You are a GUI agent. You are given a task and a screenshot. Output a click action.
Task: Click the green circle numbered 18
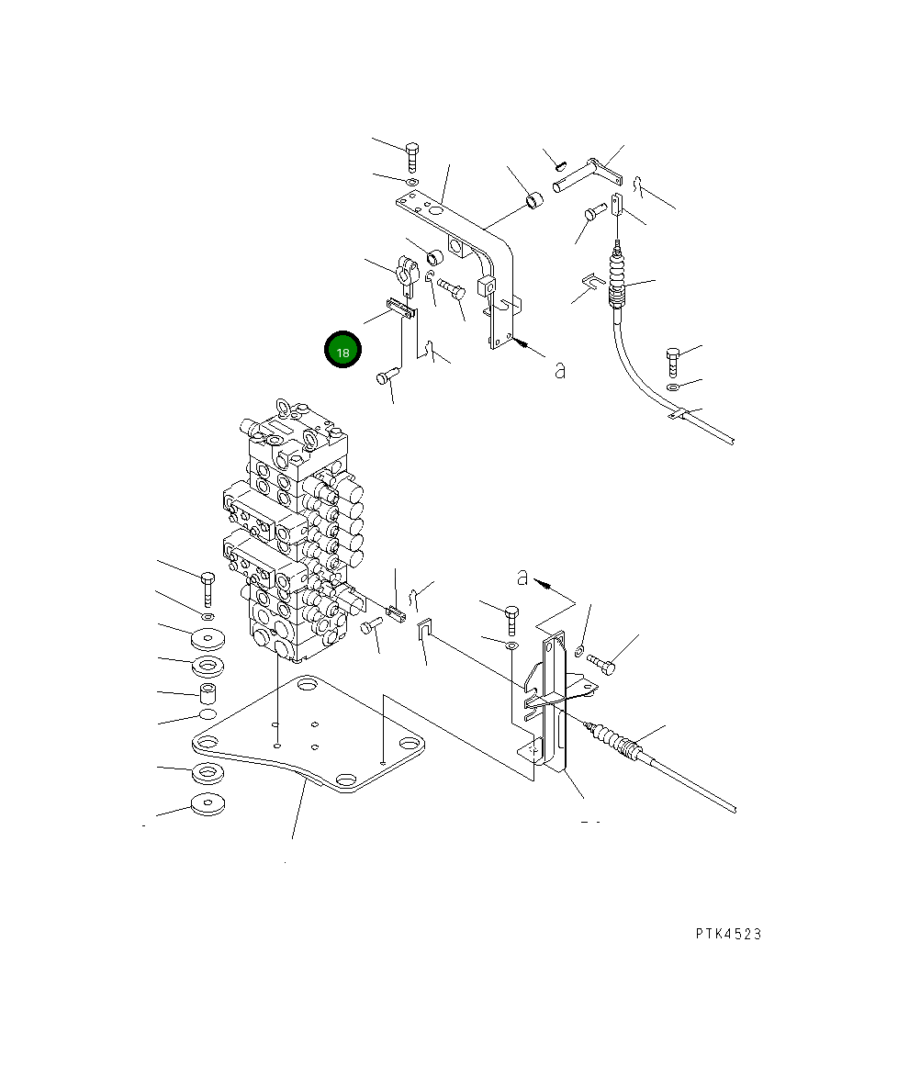tap(342, 350)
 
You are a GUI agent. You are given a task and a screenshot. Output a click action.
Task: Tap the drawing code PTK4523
tap(728, 934)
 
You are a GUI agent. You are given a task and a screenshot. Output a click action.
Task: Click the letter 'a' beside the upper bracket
tap(560, 370)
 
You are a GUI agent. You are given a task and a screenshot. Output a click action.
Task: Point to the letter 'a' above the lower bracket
tap(522, 577)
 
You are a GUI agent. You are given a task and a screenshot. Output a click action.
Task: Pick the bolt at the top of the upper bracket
tap(411, 157)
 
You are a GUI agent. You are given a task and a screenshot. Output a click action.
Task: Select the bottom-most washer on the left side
tap(208, 804)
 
